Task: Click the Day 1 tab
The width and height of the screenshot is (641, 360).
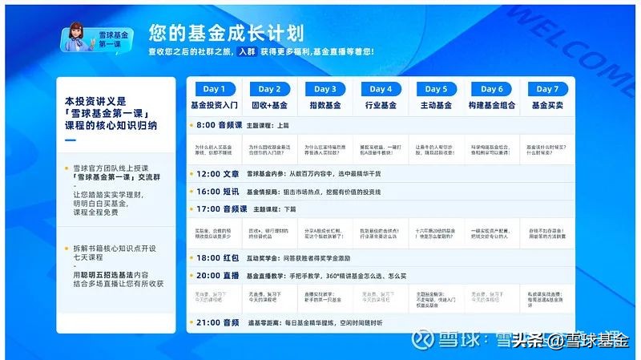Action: (x=214, y=89)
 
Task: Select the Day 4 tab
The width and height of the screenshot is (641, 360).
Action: (x=381, y=89)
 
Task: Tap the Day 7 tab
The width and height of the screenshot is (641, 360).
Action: (x=547, y=89)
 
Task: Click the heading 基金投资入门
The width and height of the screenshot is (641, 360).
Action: (x=214, y=105)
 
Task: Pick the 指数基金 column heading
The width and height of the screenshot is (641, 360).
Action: (x=325, y=105)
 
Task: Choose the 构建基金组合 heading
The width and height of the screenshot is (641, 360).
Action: (x=492, y=105)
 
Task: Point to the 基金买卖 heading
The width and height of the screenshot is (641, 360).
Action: (x=547, y=105)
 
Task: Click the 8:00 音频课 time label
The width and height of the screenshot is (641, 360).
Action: (x=218, y=126)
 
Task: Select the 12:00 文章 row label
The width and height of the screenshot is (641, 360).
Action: (x=217, y=173)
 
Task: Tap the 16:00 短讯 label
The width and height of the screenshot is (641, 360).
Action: (x=217, y=192)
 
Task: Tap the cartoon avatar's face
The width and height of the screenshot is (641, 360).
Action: (x=79, y=33)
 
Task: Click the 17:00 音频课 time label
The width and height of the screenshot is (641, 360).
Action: (x=218, y=208)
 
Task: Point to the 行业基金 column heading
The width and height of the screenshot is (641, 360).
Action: (x=381, y=105)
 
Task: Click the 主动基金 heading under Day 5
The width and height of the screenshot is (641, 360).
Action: (x=437, y=105)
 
